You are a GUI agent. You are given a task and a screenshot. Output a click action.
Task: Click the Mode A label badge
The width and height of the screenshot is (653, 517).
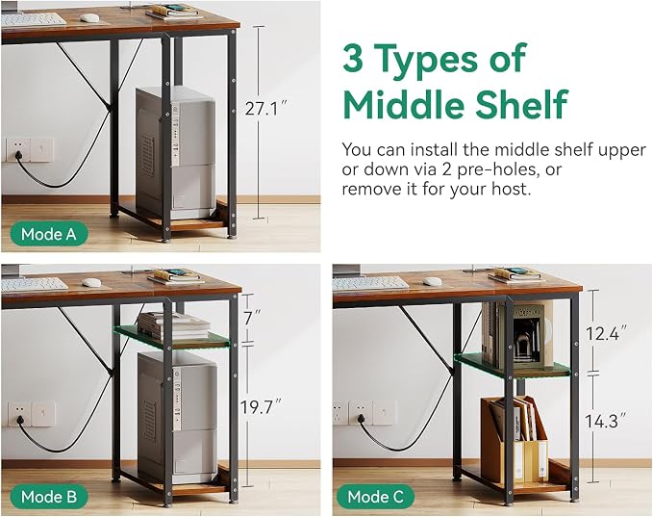coord(49,234)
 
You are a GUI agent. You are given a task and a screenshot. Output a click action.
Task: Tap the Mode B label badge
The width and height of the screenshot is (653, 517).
coord(49,497)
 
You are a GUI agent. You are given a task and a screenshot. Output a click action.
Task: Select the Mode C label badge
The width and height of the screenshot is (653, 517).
coord(376,497)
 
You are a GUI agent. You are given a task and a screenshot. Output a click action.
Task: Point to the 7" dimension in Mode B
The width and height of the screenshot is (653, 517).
coord(252,318)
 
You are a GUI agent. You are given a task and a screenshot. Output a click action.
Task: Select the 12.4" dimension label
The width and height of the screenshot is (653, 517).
coord(606,333)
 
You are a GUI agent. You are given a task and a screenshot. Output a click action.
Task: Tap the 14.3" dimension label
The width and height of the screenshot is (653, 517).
coord(606,421)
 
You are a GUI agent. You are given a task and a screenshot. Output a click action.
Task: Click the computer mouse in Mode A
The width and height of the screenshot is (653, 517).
coord(89,18)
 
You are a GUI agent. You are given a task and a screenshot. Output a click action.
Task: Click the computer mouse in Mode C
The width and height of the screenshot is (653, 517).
coord(432,281)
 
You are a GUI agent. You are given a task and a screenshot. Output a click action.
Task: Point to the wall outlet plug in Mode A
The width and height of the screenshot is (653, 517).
coord(18,156)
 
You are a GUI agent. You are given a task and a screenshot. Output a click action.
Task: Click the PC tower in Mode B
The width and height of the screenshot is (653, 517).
coord(177,418)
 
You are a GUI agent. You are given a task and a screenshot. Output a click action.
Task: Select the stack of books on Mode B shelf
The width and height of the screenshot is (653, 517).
coord(174,325)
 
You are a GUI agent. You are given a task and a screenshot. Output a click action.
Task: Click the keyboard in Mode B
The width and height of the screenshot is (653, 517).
coord(35,284)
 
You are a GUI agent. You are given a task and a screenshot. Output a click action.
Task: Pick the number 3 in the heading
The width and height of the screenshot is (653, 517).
coord(353,58)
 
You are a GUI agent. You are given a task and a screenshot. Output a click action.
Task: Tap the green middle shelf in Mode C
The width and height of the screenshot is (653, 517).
coord(513,366)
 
